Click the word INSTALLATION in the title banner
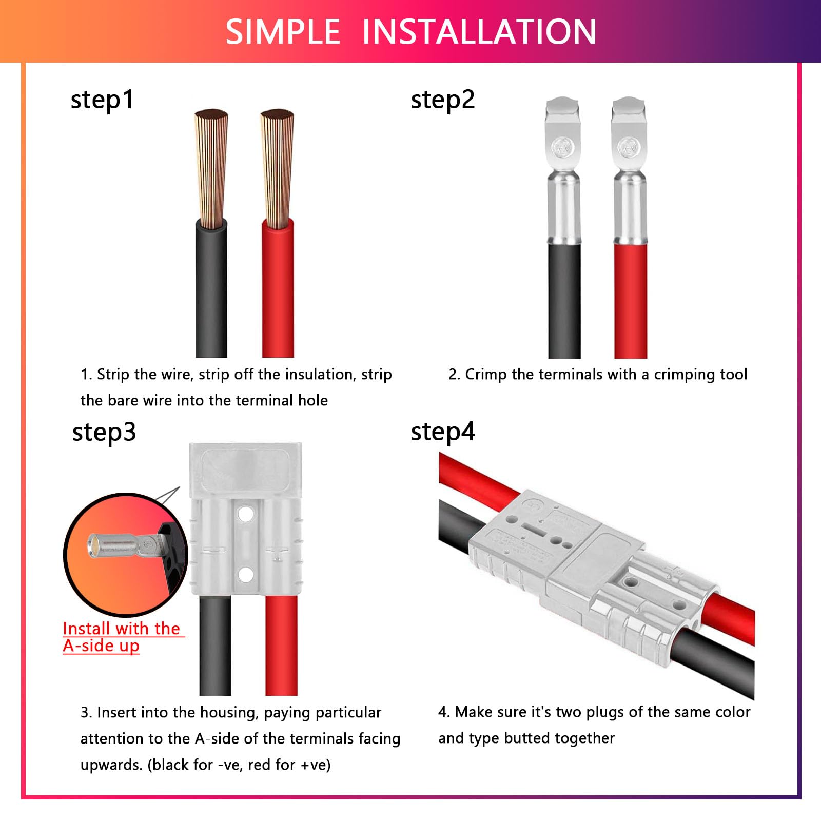pyautogui.click(x=479, y=32)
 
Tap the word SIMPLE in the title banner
pyautogui.click(x=283, y=32)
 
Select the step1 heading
pyautogui.click(x=102, y=100)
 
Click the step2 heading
pyautogui.click(x=442, y=100)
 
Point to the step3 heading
pyautogui.click(x=104, y=432)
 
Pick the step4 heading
pyautogui.click(x=442, y=432)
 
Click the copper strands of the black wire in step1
pyautogui.click(x=211, y=169)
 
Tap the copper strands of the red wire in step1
pyautogui.click(x=277, y=169)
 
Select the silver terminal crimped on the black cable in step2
pyautogui.click(x=564, y=174)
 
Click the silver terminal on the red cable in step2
pyautogui.click(x=630, y=174)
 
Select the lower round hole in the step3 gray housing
pyautogui.click(x=246, y=574)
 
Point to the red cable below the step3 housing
pyautogui.click(x=281, y=647)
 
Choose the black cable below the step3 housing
pyautogui.click(x=215, y=647)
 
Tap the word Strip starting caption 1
pyautogui.click(x=112, y=375)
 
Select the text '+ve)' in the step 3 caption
pyautogui.click(x=315, y=765)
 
